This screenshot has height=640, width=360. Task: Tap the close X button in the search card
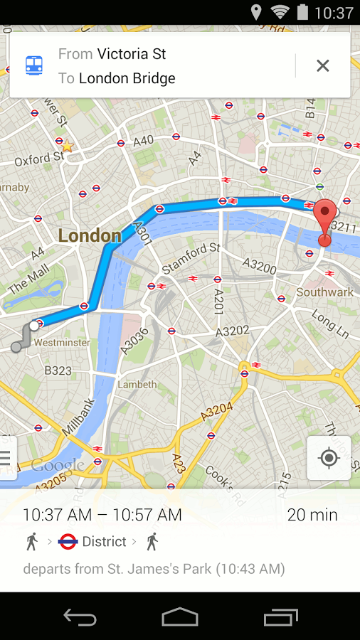tap(322, 66)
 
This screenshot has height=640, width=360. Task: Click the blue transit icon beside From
tap(34, 65)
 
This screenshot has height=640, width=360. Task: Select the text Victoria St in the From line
tap(132, 54)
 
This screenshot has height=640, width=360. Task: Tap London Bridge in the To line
tap(127, 78)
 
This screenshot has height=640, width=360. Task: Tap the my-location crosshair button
tap(329, 458)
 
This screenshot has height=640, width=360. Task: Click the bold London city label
tap(90, 236)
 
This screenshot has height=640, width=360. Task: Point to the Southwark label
tap(324, 292)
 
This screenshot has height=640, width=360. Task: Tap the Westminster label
tap(62, 343)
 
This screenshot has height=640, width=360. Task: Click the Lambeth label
tap(137, 385)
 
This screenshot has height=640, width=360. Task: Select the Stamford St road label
tap(191, 257)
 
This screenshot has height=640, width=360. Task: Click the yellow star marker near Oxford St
tap(68, 146)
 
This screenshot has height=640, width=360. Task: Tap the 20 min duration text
tap(312, 515)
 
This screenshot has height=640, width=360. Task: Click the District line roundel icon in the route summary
tap(68, 542)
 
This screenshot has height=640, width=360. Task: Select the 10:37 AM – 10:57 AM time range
tap(102, 515)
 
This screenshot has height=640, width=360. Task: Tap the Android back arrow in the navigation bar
tap(80, 617)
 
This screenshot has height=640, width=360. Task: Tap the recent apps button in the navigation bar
tap(280, 617)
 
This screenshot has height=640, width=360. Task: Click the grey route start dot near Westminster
tap(16, 347)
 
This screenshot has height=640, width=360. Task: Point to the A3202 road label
tap(232, 331)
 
